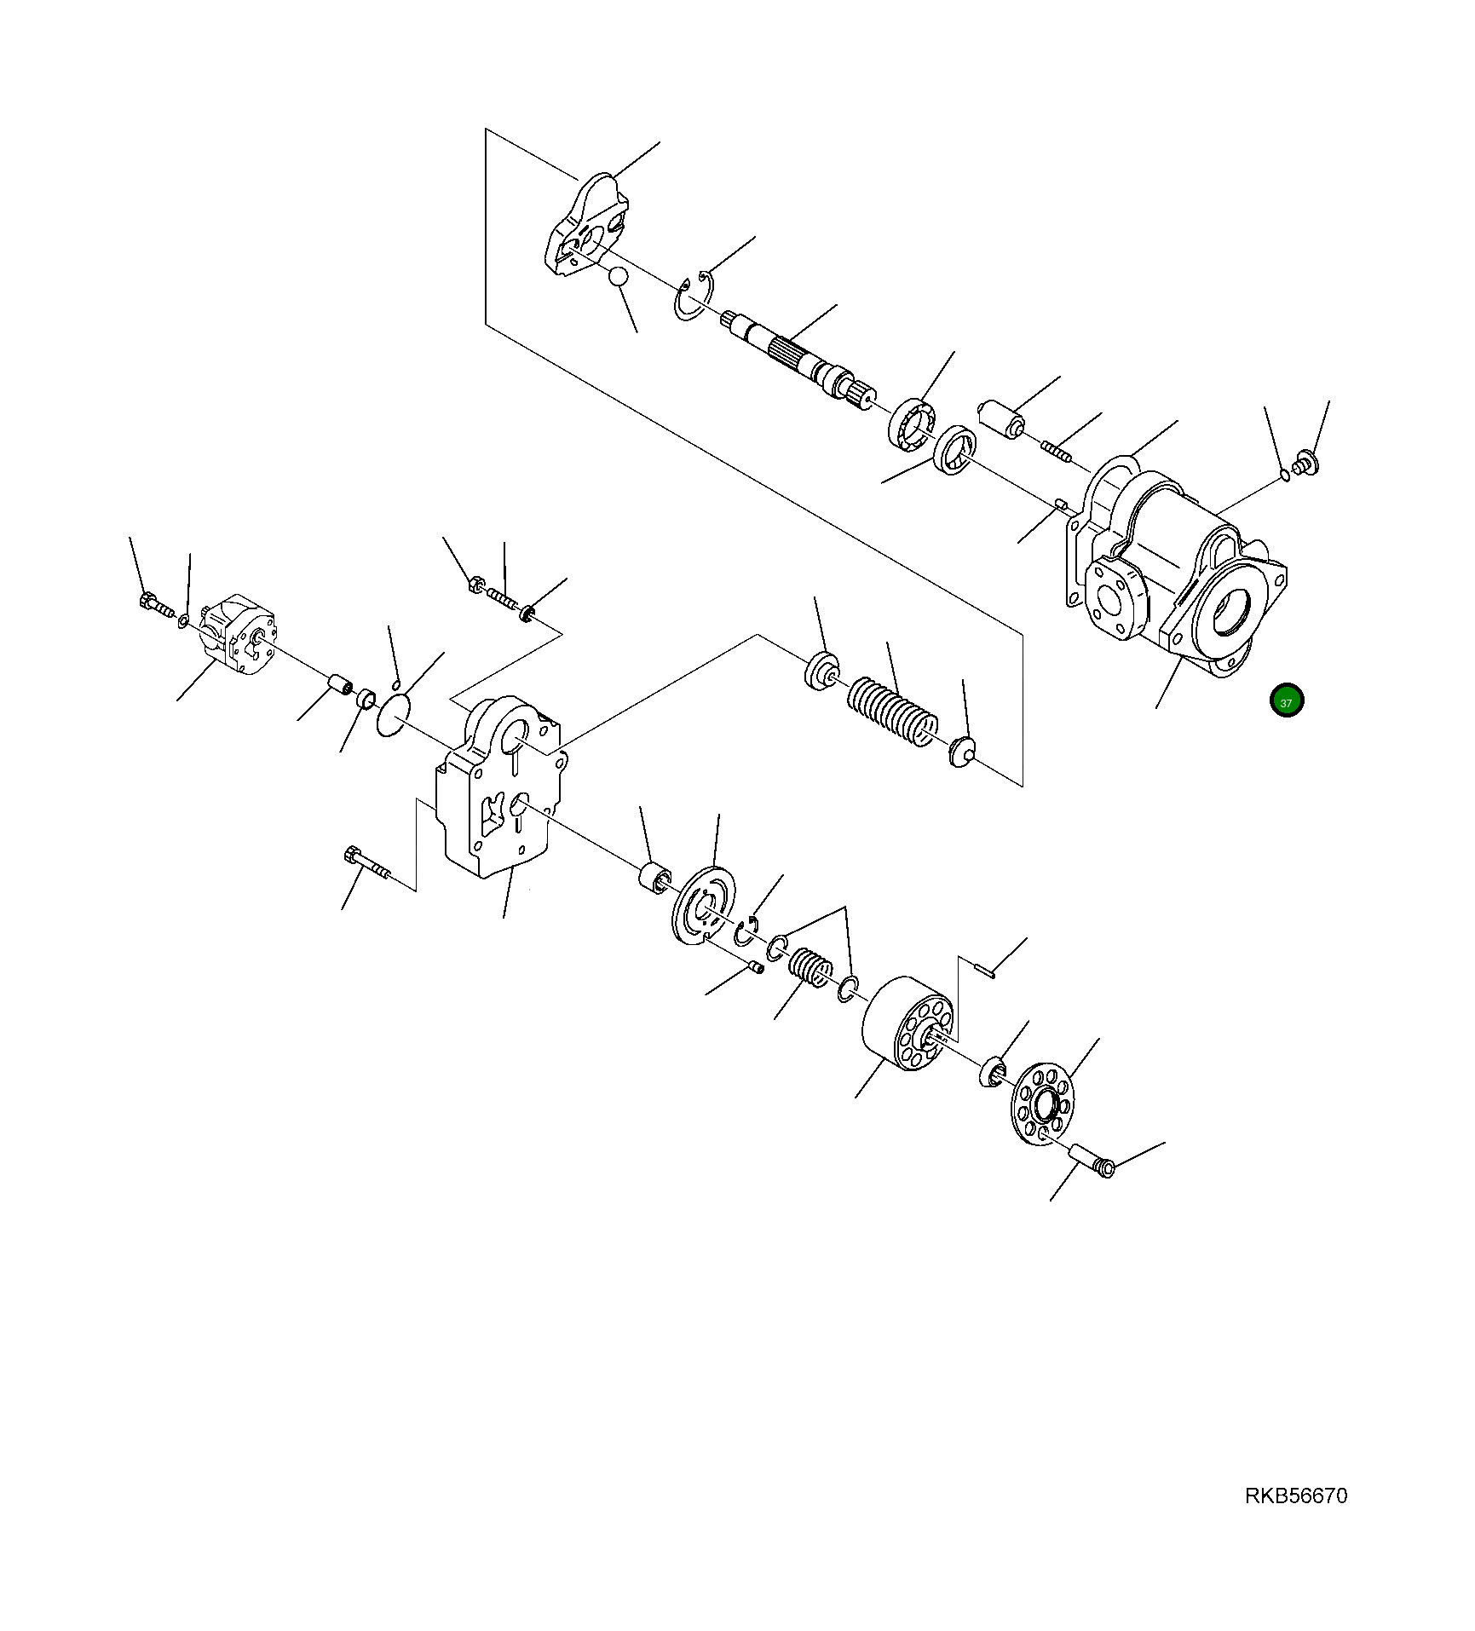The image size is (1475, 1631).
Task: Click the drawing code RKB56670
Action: (x=1296, y=1496)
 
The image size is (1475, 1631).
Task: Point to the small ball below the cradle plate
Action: (x=619, y=278)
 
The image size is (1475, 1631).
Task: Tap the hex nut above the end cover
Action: (x=477, y=585)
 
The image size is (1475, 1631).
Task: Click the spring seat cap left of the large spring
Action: (x=821, y=668)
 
